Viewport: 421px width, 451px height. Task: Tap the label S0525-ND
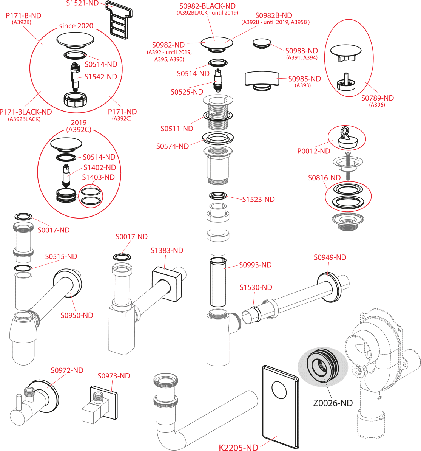click(187, 92)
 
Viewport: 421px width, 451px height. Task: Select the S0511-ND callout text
click(177, 129)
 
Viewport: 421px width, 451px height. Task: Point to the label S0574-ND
click(172, 146)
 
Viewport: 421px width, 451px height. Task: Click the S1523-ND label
click(258, 200)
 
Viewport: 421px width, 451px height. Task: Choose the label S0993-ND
click(255, 265)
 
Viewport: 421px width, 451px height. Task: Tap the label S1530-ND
click(256, 288)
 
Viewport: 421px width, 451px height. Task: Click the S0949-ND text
click(330, 257)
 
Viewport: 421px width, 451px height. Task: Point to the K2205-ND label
click(239, 448)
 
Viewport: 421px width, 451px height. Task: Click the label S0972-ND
click(67, 370)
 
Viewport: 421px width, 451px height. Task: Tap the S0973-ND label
click(114, 376)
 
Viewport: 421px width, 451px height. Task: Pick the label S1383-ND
click(167, 250)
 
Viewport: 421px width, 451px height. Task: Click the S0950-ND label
click(77, 315)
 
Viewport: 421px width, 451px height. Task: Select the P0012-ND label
click(313, 151)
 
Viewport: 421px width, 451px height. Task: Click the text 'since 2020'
click(76, 26)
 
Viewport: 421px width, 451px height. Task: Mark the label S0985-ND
click(304, 79)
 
